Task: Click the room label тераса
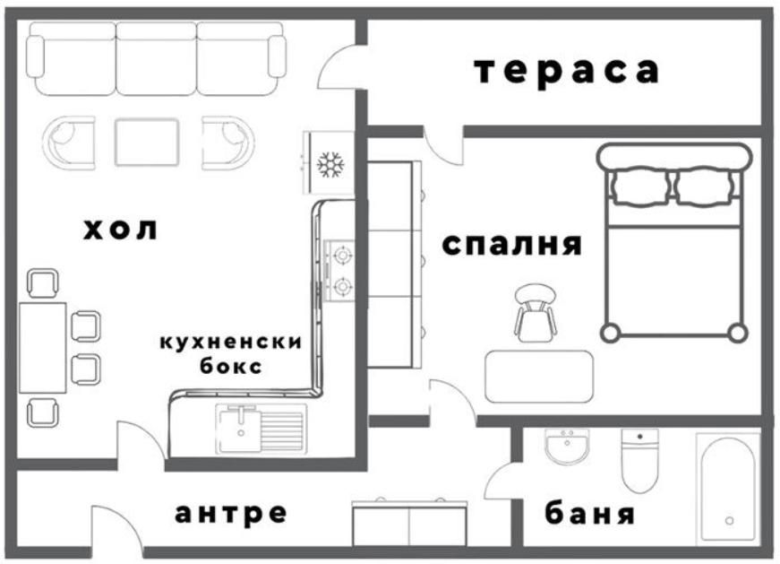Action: click(566, 71)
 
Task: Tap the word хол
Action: click(120, 230)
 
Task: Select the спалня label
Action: click(512, 244)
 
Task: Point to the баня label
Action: click(590, 515)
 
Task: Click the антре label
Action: click(231, 513)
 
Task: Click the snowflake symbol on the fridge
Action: click(332, 165)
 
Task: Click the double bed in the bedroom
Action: click(674, 242)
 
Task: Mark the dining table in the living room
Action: click(42, 346)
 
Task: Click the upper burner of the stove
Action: click(342, 256)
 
